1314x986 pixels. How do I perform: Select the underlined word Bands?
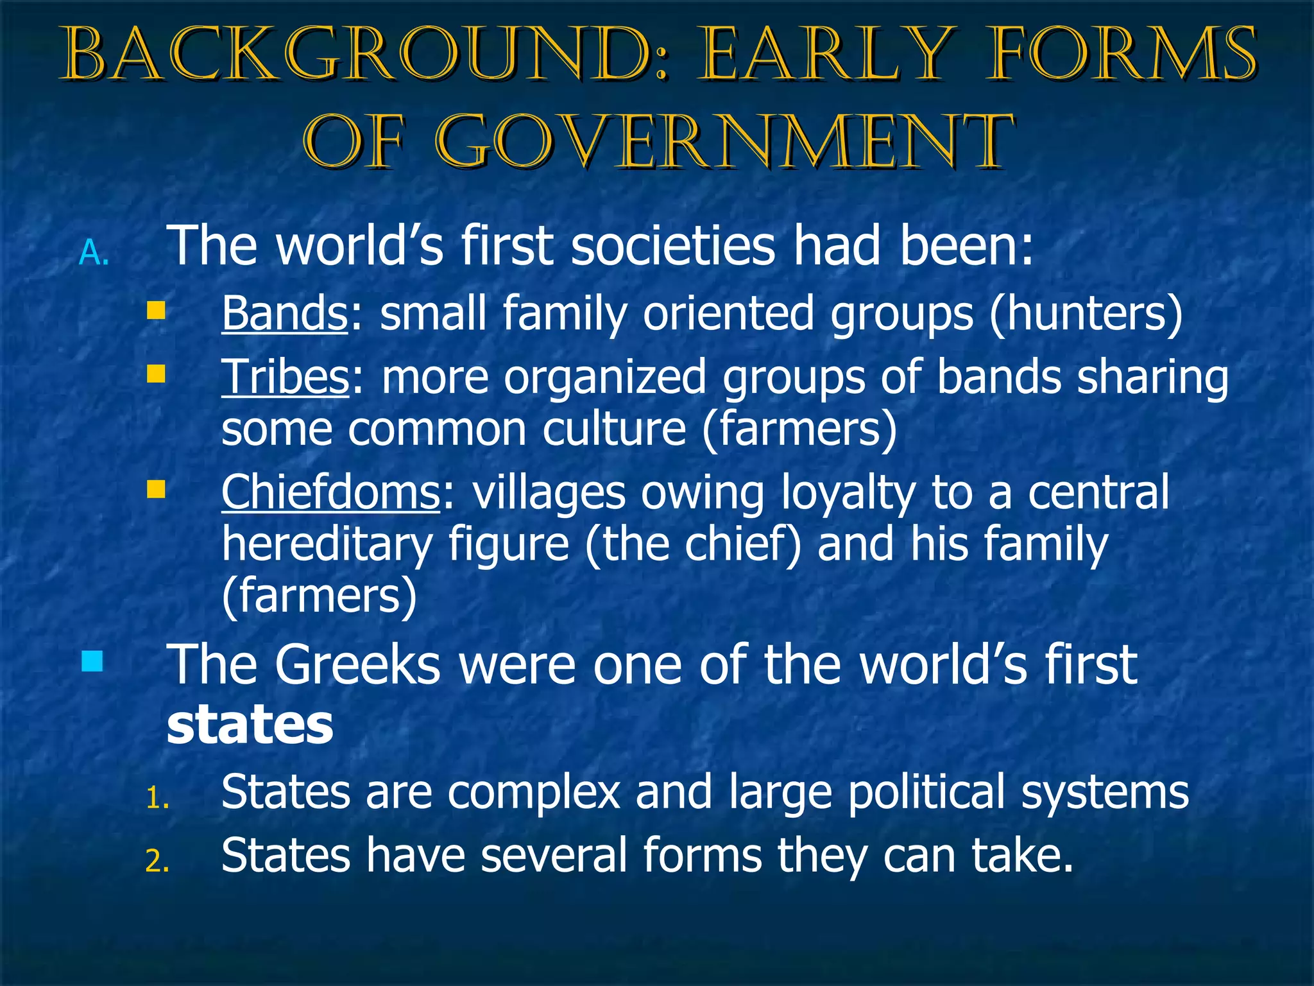click(285, 313)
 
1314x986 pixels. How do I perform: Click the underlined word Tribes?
click(286, 377)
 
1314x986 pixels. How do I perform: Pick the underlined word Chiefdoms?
click(331, 492)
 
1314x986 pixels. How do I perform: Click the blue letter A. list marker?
click(94, 254)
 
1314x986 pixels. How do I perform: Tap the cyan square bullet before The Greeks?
click(92, 661)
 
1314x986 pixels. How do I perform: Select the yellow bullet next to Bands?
click(156, 311)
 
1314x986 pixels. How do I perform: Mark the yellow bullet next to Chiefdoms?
click(156, 489)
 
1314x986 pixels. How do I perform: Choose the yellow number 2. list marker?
click(157, 862)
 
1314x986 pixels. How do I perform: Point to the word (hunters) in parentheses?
click(1086, 315)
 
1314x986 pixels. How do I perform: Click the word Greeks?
click(358, 665)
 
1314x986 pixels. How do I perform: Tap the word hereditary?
click(327, 544)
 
